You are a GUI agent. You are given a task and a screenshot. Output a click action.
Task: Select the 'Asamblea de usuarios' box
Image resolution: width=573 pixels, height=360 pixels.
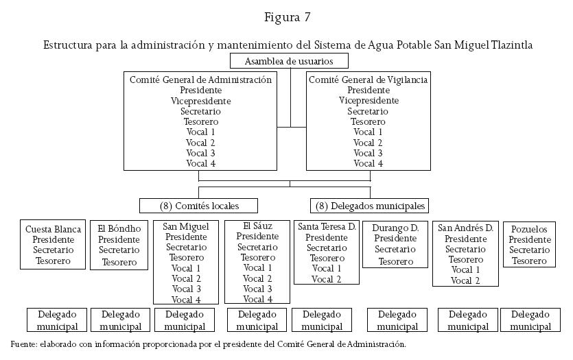click(289, 61)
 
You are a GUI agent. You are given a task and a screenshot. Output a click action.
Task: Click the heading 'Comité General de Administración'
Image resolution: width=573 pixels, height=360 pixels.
click(200, 80)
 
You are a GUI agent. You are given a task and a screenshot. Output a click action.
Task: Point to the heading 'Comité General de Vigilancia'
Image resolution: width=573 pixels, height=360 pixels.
click(369, 80)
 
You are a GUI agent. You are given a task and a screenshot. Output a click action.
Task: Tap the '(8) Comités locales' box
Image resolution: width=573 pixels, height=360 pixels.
click(199, 206)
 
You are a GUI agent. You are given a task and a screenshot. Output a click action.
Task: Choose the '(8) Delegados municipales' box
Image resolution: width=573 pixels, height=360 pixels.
click(370, 206)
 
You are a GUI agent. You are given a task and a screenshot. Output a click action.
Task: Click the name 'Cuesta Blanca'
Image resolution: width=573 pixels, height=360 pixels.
click(54, 230)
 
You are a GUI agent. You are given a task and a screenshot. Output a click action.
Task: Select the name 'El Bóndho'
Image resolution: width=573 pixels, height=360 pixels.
click(119, 230)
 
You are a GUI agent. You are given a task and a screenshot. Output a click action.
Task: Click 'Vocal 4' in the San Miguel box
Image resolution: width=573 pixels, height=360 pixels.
click(186, 300)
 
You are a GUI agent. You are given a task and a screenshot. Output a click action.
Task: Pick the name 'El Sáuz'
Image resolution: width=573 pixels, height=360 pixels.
click(257, 226)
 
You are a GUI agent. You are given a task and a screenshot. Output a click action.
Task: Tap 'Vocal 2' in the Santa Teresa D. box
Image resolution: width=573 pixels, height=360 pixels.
click(326, 279)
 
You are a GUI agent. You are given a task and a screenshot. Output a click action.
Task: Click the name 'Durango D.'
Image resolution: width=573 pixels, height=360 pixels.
click(396, 228)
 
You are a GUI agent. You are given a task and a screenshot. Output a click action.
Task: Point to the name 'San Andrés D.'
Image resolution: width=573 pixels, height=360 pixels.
click(465, 228)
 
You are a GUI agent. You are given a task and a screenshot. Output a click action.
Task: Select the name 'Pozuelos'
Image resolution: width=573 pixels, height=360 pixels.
click(530, 229)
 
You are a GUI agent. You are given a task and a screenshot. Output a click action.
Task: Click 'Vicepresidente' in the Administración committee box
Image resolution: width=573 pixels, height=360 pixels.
click(200, 101)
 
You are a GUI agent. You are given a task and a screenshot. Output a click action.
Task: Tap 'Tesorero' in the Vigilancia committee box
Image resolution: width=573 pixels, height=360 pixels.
click(369, 122)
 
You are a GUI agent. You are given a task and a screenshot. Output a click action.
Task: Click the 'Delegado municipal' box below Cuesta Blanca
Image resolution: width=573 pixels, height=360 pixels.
click(58, 320)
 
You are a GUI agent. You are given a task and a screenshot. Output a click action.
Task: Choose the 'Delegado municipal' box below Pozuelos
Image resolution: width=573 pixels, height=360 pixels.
click(530, 320)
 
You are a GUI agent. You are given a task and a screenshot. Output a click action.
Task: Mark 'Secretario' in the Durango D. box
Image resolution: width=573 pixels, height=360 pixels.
click(396, 250)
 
